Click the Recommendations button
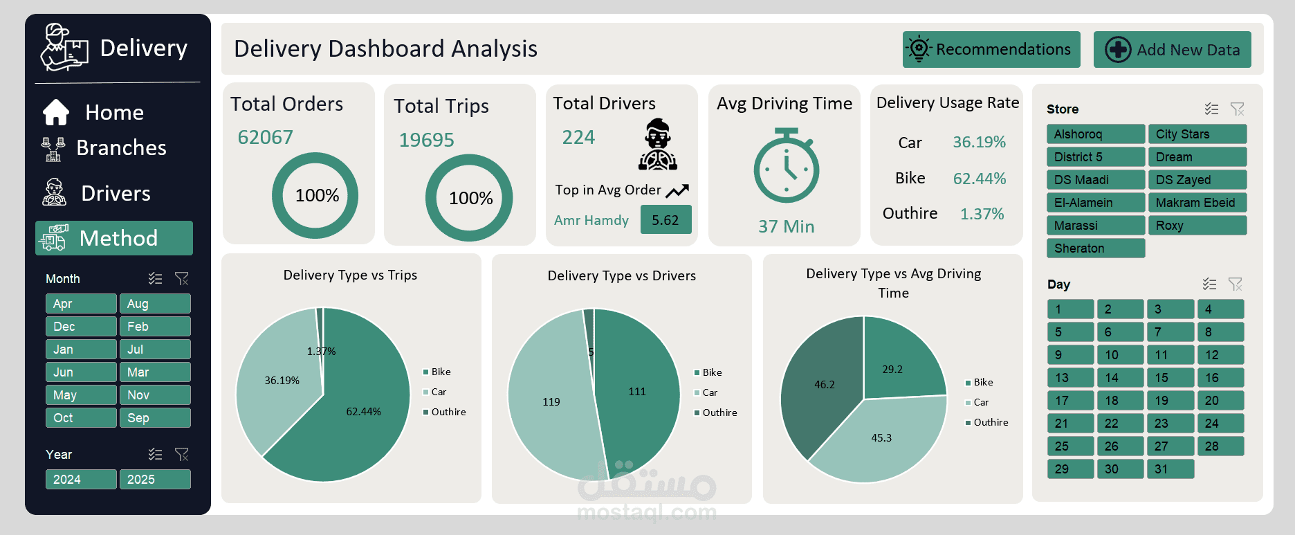coord(991,49)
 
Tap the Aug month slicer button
coord(154,304)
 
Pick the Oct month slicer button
coord(80,418)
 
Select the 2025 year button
coord(154,480)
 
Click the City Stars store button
coord(1197,134)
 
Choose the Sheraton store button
coord(1095,248)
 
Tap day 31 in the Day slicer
coord(1170,469)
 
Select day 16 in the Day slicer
coord(1220,378)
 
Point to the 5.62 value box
coord(665,220)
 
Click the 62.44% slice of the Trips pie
coord(360,415)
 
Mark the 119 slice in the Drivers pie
coord(551,401)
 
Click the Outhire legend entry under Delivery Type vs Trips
coord(448,412)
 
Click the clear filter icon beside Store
coord(1237,109)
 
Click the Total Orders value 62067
coord(266,137)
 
